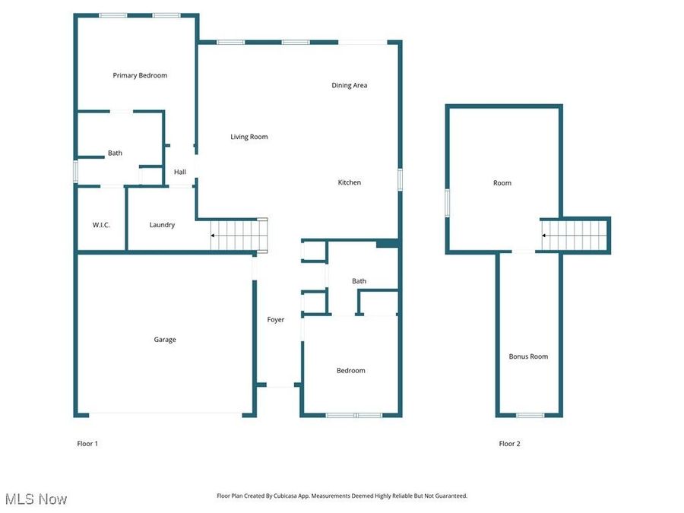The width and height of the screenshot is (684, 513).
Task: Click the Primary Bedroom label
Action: click(x=140, y=75)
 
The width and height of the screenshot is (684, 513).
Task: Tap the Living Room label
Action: click(x=249, y=137)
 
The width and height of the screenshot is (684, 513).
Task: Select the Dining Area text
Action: click(x=349, y=85)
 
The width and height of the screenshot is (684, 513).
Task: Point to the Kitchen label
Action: click(x=350, y=182)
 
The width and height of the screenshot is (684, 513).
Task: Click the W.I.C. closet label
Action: click(x=102, y=225)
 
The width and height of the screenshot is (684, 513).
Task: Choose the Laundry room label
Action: click(x=162, y=225)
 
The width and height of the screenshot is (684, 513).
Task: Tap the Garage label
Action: click(x=165, y=340)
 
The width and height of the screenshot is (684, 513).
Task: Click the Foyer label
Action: click(x=275, y=319)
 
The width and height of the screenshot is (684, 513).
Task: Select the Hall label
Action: click(x=180, y=172)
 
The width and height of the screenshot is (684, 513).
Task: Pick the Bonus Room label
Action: click(x=528, y=356)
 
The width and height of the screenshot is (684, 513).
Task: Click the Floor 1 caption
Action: click(x=87, y=444)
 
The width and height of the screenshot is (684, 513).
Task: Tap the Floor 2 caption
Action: click(x=509, y=444)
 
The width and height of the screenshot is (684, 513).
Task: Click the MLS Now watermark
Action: click(x=36, y=499)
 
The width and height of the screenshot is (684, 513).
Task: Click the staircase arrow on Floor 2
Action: click(x=545, y=236)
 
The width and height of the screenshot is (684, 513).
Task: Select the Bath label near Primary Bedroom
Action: click(x=115, y=153)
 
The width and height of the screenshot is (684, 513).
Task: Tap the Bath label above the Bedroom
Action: click(x=359, y=281)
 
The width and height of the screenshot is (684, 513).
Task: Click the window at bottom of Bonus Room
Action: click(x=530, y=415)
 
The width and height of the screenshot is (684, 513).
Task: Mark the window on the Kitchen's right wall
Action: click(x=400, y=179)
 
